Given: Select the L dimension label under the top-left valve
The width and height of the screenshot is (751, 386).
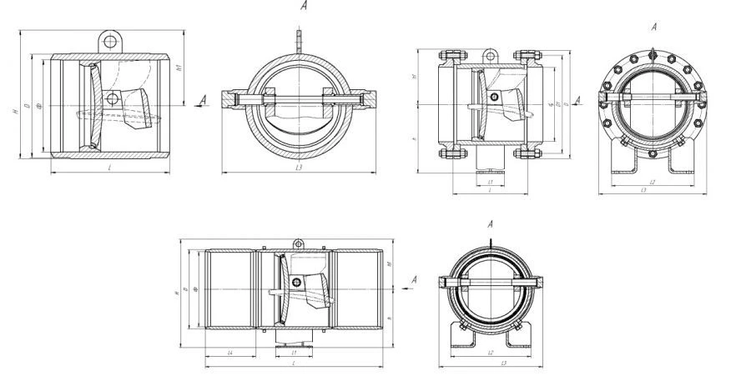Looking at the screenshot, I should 110,168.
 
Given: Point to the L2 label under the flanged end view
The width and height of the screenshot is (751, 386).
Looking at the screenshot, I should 651,180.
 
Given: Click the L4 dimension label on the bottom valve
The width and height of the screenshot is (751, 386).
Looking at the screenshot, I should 229,353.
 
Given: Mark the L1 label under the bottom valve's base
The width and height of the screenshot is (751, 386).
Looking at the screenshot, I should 294,353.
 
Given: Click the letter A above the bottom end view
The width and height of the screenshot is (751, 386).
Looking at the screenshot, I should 491,223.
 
